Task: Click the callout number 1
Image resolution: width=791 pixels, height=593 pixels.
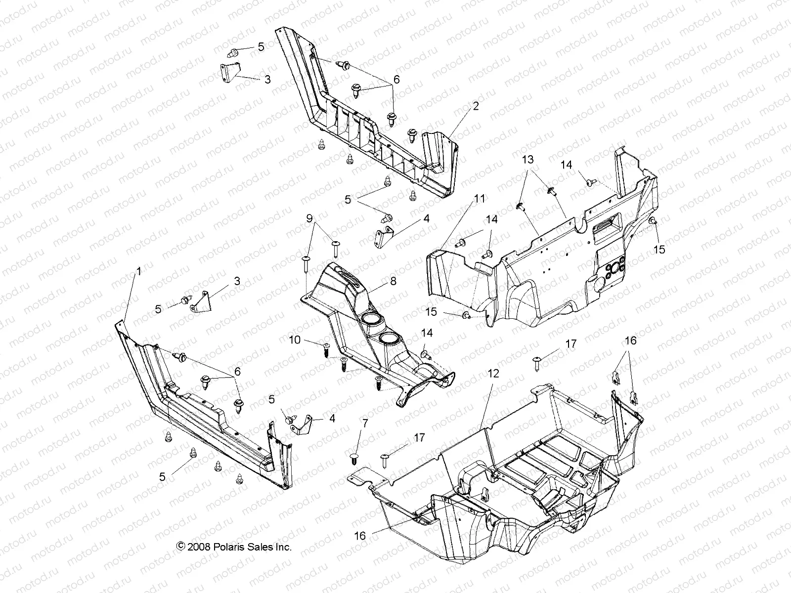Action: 139,271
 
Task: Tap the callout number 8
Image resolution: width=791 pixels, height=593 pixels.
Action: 393,281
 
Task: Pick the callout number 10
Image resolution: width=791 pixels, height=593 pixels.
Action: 295,340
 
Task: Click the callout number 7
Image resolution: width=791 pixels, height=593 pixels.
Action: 365,423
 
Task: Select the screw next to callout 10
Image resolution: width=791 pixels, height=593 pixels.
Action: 326,349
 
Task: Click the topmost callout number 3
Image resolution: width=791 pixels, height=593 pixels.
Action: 267,79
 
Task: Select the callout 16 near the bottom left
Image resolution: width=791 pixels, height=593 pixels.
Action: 360,535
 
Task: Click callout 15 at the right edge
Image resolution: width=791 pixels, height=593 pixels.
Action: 659,250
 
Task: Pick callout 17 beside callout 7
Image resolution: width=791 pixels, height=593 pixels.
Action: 419,437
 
